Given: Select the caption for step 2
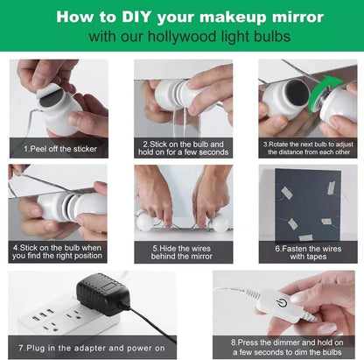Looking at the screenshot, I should click(182, 147).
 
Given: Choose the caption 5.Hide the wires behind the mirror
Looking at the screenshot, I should click(182, 253).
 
